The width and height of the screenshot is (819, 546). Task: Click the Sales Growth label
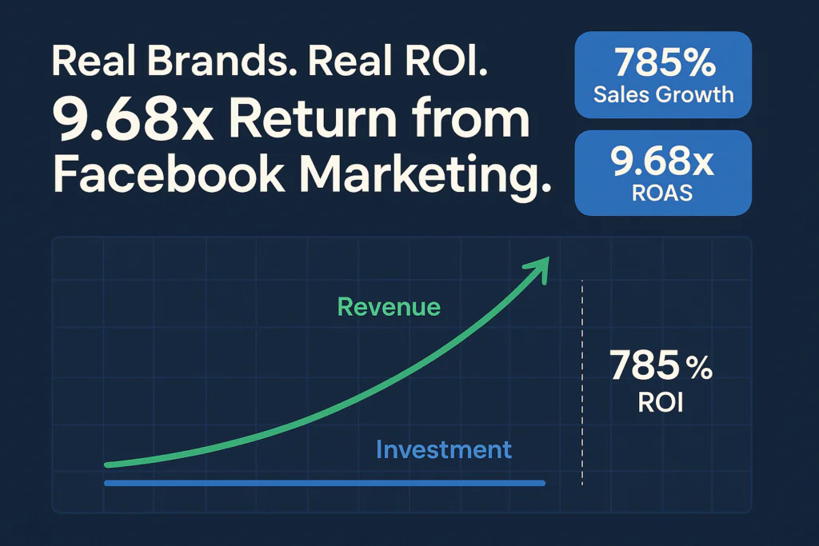[663, 94]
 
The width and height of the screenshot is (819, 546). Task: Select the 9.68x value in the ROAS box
[663, 163]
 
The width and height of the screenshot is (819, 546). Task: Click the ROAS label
[663, 193]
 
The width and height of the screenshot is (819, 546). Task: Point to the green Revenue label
[389, 307]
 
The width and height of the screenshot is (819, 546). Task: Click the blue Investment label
[443, 449]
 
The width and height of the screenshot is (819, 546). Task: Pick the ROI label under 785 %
[661, 402]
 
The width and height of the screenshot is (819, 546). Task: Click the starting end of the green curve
[109, 464]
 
